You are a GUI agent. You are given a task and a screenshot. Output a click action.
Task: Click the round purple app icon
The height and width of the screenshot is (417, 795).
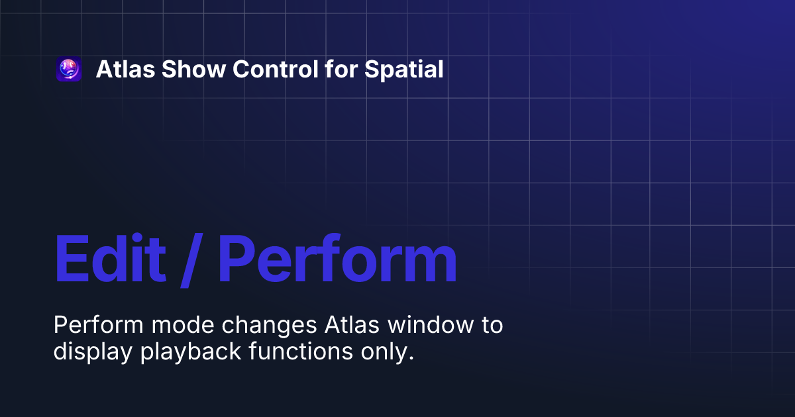click(69, 69)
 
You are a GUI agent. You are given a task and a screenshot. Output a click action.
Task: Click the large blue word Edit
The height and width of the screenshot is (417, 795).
click(109, 259)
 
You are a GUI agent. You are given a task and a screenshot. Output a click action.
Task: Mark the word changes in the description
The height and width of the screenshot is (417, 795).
click(269, 326)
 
